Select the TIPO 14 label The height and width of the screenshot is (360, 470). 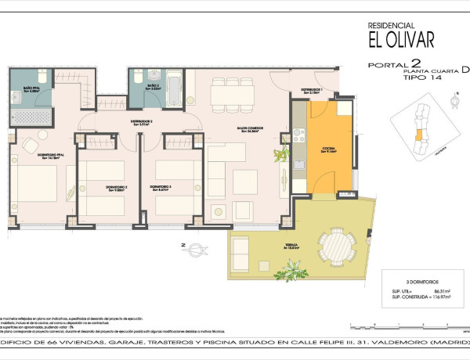[x=418, y=77]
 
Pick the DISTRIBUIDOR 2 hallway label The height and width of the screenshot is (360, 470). [x=141, y=122]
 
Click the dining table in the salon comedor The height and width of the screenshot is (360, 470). [x=232, y=95]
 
